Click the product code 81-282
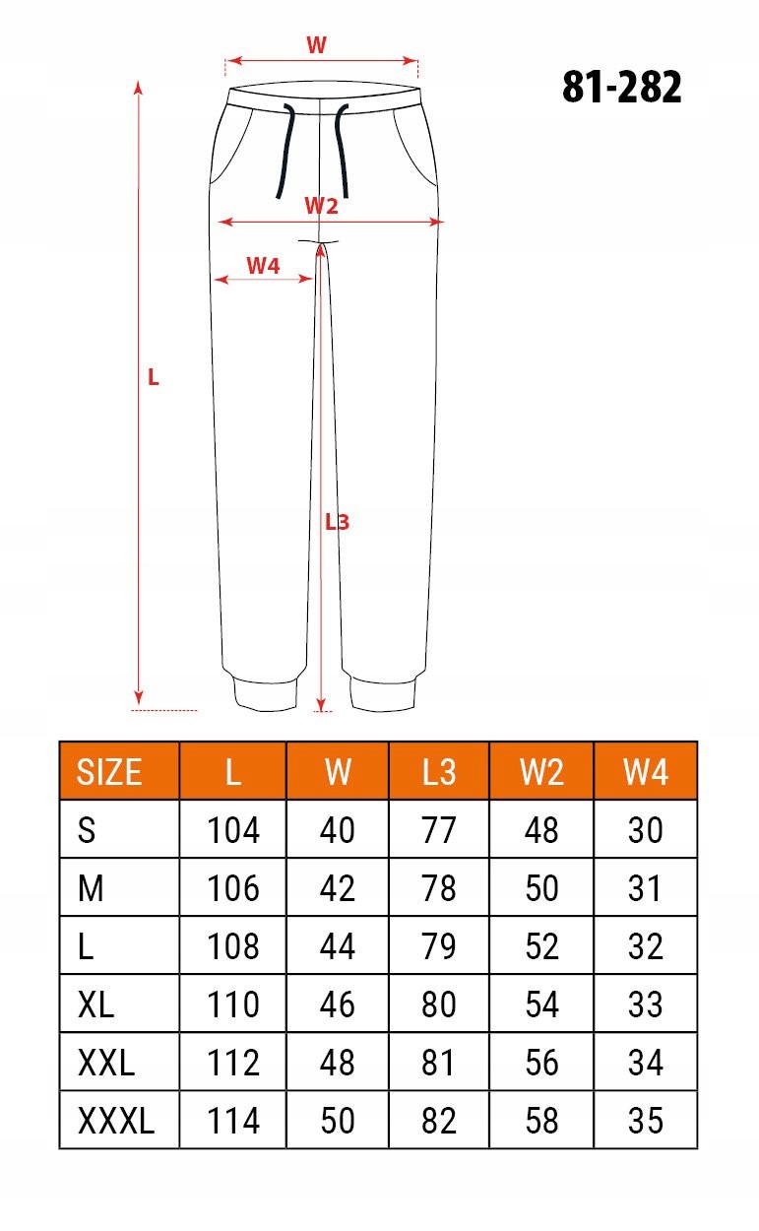(x=622, y=87)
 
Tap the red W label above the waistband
(x=317, y=44)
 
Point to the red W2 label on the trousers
(x=321, y=206)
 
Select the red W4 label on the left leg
(x=263, y=266)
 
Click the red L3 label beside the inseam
(x=337, y=522)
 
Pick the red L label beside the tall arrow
(x=154, y=377)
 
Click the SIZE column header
(x=109, y=771)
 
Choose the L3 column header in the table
(x=439, y=771)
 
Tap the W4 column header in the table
(x=646, y=771)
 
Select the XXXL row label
(x=116, y=1120)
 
